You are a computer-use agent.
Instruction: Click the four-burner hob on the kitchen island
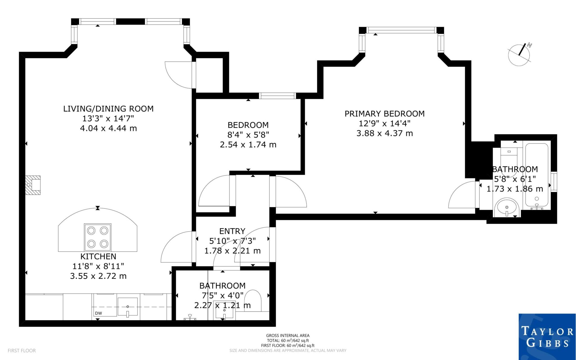98,237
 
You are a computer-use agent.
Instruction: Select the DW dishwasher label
98,313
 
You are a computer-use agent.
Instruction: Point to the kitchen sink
128,307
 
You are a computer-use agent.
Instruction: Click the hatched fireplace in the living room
33,185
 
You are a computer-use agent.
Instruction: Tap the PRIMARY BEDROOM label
384,114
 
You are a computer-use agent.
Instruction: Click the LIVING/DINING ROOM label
108,109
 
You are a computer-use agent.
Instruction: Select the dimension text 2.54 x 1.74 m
248,145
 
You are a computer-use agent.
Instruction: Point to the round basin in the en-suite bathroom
507,207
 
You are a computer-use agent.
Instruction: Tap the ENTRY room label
232,231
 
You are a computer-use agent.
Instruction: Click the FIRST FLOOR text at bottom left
22,351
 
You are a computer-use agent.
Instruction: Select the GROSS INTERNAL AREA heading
288,335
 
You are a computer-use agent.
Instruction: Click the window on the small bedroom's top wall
277,96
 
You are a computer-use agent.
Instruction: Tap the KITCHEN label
98,256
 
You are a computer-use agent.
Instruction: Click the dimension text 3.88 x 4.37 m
384,133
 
